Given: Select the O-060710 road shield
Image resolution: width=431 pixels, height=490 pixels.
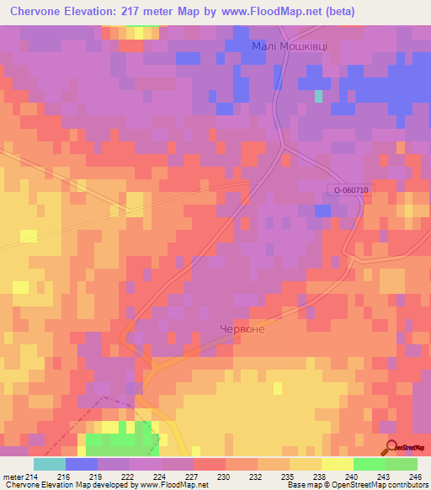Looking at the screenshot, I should click(x=350, y=190).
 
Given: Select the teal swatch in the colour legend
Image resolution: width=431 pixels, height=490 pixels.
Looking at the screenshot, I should click(x=50, y=464).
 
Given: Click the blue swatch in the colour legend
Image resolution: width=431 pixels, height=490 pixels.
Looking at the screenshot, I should click(x=82, y=464).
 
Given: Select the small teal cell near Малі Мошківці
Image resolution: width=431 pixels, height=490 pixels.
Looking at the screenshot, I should click(x=318, y=96).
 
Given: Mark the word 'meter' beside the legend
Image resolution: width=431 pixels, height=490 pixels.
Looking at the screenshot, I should click(x=13, y=476).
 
